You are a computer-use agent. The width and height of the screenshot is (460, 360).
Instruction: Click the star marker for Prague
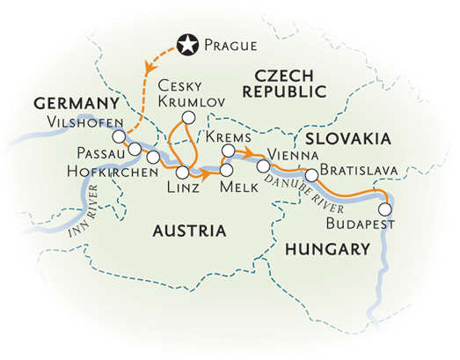pos(186,42)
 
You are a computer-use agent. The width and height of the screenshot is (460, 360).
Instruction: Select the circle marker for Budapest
pos(384,209)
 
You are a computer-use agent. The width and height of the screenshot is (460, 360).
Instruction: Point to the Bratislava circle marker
pos(311,173)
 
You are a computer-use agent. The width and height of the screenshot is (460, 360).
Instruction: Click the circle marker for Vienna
pos(263,165)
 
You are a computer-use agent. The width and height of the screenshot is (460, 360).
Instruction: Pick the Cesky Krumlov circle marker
pos(186,118)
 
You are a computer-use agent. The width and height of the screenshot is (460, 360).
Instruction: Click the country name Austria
pos(190,231)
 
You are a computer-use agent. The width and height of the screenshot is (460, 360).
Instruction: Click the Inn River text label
pos(85,220)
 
